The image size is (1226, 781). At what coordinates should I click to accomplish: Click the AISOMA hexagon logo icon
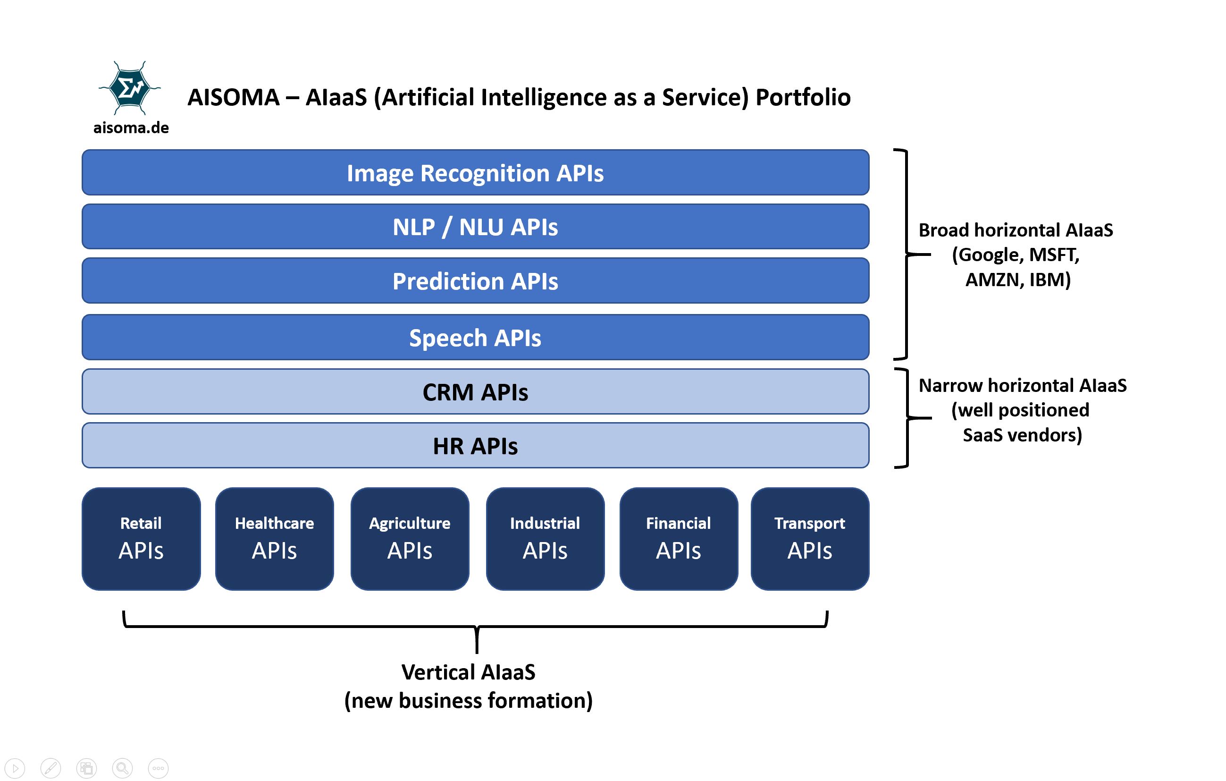click(x=129, y=88)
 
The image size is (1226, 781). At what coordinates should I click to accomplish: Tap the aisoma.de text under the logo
click(x=131, y=127)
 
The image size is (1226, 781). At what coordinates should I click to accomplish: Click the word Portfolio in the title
click(x=803, y=97)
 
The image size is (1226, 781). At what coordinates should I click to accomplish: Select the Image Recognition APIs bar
click(x=475, y=173)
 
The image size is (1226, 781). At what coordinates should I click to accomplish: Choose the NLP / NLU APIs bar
click(x=475, y=227)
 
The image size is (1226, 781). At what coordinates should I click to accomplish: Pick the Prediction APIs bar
click(x=475, y=280)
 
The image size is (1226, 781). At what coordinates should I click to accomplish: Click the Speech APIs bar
click(x=475, y=337)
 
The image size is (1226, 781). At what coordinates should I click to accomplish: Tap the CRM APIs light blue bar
click(x=475, y=392)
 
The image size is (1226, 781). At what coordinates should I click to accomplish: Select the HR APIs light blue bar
click(x=475, y=446)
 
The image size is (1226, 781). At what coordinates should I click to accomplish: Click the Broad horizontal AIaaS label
click(x=1015, y=230)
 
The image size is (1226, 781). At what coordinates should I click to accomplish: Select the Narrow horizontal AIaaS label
click(x=1022, y=386)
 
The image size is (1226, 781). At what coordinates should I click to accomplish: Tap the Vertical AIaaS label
click(x=468, y=672)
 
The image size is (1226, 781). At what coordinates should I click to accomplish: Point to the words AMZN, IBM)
click(x=1018, y=279)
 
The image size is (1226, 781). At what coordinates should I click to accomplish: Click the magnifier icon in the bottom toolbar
click(x=122, y=768)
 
